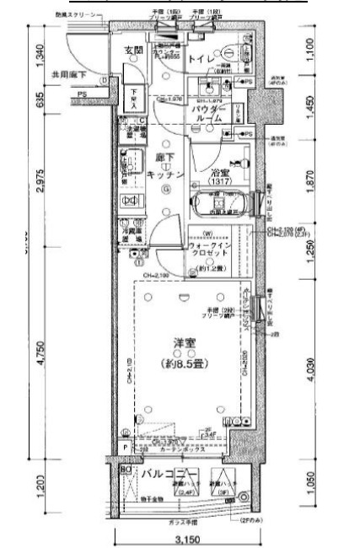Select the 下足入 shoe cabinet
point(133,98)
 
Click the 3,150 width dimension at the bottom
point(185,539)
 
